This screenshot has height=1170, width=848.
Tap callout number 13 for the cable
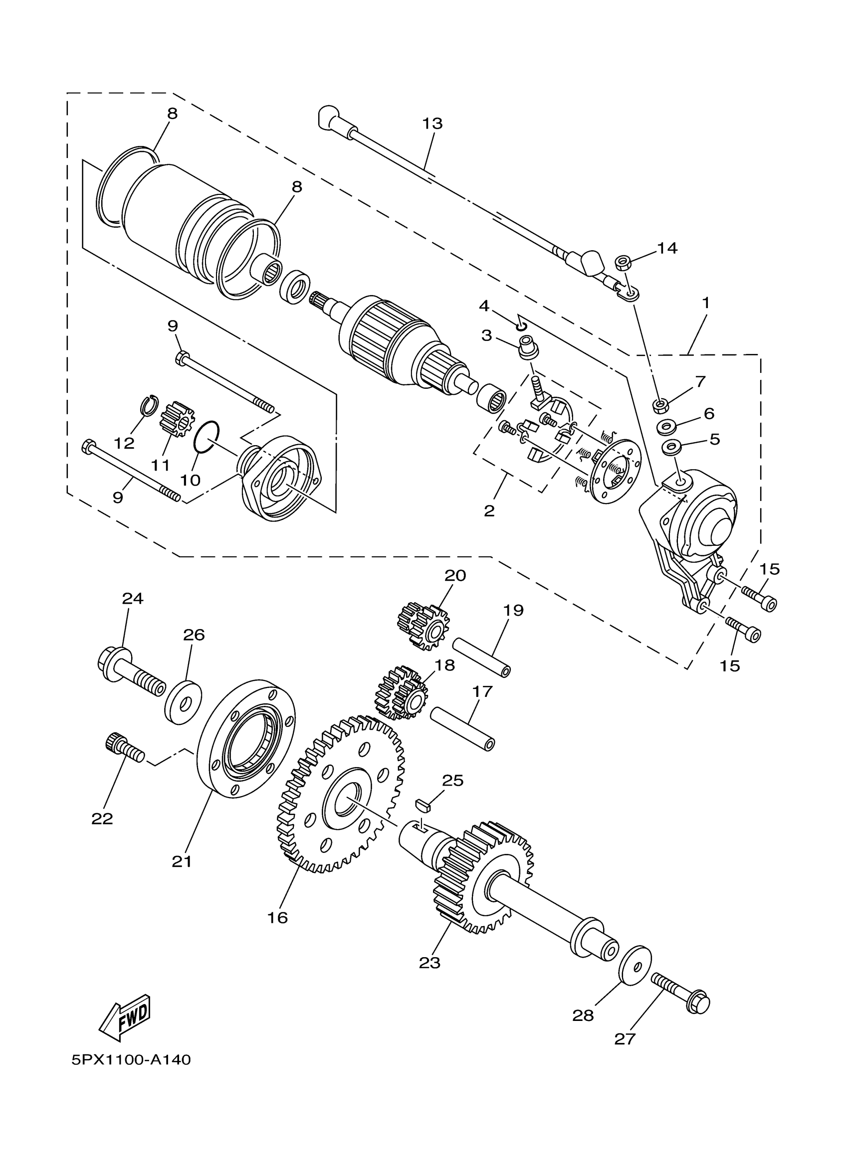[x=432, y=124]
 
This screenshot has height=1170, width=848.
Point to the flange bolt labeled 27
[x=680, y=992]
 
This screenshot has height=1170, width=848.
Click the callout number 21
[x=182, y=861]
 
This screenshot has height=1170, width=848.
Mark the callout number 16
[x=277, y=917]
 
